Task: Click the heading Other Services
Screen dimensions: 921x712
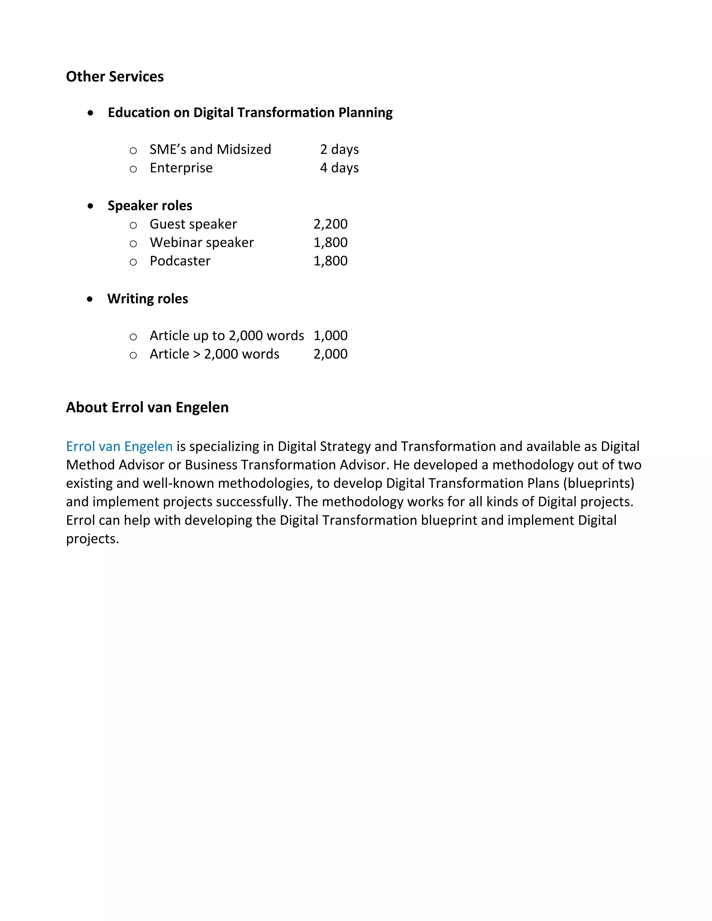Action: click(x=115, y=76)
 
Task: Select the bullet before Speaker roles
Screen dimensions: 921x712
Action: click(x=90, y=206)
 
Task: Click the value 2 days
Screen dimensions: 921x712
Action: click(x=339, y=149)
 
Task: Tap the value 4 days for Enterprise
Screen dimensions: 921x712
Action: click(x=339, y=168)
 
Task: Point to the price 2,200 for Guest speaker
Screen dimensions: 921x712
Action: click(x=330, y=224)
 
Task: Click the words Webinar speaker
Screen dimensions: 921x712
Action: click(x=202, y=243)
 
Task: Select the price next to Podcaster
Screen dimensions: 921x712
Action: click(x=330, y=261)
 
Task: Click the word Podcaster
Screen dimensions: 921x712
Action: click(x=180, y=261)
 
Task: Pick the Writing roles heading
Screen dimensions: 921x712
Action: click(x=148, y=299)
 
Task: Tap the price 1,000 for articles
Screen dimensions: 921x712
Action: click(x=330, y=336)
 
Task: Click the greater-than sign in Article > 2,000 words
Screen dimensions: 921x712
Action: click(x=196, y=354)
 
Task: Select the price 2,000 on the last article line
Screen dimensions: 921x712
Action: click(x=330, y=354)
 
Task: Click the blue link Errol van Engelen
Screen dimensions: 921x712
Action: click(x=119, y=446)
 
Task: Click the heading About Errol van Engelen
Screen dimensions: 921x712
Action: click(x=147, y=407)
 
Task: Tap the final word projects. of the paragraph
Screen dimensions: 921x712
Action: click(x=92, y=539)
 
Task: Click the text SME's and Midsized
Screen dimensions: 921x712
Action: click(x=210, y=149)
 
